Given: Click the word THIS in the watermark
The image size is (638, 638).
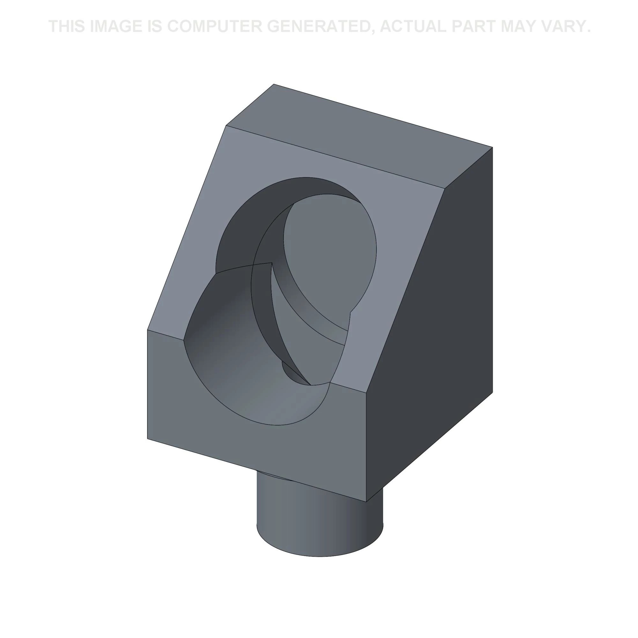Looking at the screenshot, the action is pyautogui.click(x=67, y=26).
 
